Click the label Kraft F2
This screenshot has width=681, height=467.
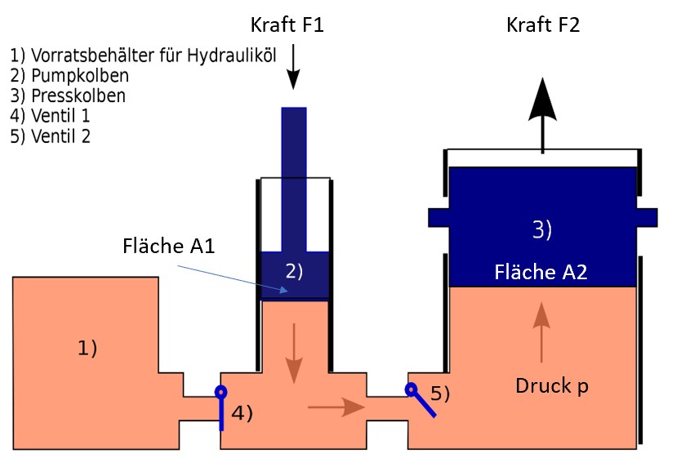543,25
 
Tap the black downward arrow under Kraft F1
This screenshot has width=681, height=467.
293,69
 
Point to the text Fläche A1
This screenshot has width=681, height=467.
169,246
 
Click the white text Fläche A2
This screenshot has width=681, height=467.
541,273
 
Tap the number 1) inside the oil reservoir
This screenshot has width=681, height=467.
87,348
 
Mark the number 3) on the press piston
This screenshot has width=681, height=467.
542,230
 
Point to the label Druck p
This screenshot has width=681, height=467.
551,386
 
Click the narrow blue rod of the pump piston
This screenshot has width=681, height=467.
294,180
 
